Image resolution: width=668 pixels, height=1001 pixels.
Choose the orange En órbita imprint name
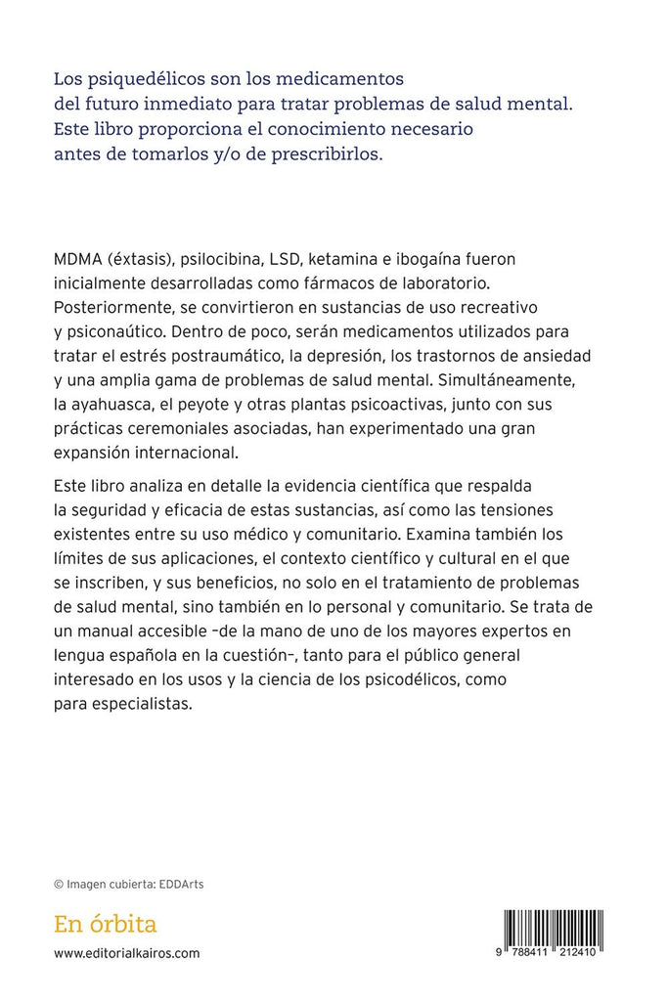click(106, 924)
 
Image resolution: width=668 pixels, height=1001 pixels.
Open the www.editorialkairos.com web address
click(127, 953)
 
